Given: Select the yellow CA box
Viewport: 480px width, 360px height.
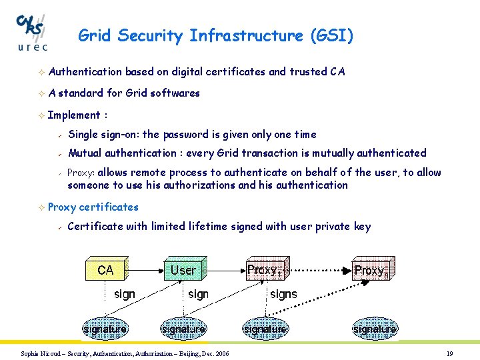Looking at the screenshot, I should click(105, 270).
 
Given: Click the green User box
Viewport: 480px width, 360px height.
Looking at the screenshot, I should click(183, 270).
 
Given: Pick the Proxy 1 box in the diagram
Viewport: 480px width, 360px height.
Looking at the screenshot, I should click(265, 270).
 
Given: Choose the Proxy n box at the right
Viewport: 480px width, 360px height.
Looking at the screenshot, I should click(375, 270).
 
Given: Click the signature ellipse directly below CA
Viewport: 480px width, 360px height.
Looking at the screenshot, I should click(105, 329).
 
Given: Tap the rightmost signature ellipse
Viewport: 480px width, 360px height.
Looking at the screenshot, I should click(375, 329).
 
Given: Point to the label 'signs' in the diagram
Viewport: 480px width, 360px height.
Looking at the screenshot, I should click(283, 294).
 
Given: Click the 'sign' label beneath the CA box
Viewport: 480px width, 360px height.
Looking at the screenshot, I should click(125, 294).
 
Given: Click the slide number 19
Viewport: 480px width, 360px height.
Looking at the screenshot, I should click(450, 353).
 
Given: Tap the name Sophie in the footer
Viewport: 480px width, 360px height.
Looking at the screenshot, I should click(31, 353).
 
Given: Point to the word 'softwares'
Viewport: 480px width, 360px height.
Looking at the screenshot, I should click(175, 93).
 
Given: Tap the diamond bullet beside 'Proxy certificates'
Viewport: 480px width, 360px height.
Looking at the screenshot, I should click(41, 207).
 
